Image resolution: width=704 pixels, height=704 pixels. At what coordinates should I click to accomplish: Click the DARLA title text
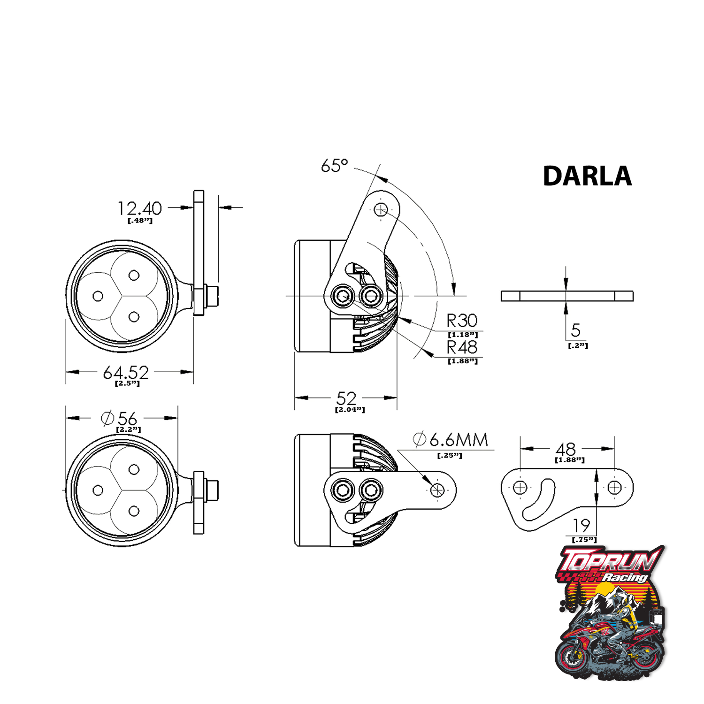coord(587,176)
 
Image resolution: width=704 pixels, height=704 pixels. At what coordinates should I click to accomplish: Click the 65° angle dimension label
coord(334,166)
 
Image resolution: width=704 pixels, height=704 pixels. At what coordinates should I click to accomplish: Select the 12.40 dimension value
coord(139,208)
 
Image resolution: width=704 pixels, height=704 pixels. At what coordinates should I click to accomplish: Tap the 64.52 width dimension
coord(126,373)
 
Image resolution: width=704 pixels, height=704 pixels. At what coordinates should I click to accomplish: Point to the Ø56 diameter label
coord(119,418)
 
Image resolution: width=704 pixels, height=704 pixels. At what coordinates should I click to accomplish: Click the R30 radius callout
coord(462,321)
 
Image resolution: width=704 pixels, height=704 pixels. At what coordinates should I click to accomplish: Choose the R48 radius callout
coord(462,347)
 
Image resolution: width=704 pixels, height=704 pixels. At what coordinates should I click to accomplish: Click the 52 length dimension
coord(346,398)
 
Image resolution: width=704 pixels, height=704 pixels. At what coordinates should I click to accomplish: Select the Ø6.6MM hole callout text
coord(451,440)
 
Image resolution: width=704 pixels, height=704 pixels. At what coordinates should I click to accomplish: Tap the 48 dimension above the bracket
coord(566,449)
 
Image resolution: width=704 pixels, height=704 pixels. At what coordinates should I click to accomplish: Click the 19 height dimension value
coord(581,525)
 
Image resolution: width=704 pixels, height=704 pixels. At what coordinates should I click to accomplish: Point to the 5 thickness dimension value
coord(575,330)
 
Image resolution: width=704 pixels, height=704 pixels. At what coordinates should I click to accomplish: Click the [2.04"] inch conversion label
coord(350,410)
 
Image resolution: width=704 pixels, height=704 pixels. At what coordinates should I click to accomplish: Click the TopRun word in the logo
coord(608,562)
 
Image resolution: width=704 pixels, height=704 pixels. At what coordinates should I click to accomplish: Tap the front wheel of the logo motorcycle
coord(572,657)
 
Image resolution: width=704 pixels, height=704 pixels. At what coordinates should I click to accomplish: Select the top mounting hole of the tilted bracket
coord(381,209)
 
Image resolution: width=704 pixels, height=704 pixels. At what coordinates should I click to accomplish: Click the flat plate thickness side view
coord(567,296)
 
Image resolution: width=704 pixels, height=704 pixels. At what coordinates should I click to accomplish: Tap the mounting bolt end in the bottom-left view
coord(213,490)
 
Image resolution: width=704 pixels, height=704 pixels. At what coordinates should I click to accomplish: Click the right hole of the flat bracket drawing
coord(614,488)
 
